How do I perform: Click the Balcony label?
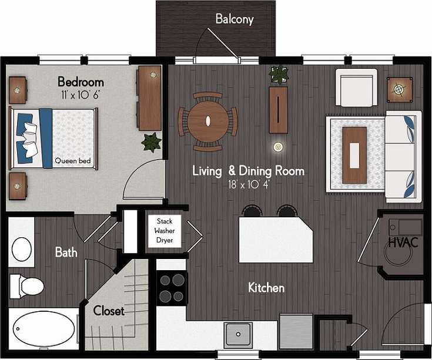pyautogui.click(x=234, y=19)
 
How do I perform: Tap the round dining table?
pyautogui.click(x=208, y=121)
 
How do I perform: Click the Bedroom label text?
pyautogui.click(x=81, y=82)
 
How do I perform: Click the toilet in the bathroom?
pyautogui.click(x=27, y=286)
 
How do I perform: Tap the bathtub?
pyautogui.click(x=43, y=328)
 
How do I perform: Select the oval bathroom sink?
pyautogui.click(x=23, y=248)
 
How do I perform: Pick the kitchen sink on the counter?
pyautogui.click(x=239, y=334)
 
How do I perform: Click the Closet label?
pyautogui.click(x=109, y=311)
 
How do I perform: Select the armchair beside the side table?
pyautogui.click(x=356, y=88)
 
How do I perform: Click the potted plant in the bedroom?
pyautogui.click(x=152, y=142)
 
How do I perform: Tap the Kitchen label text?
pyautogui.click(x=266, y=288)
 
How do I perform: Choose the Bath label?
pyautogui.click(x=66, y=253)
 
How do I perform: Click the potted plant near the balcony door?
pyautogui.click(x=278, y=75)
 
